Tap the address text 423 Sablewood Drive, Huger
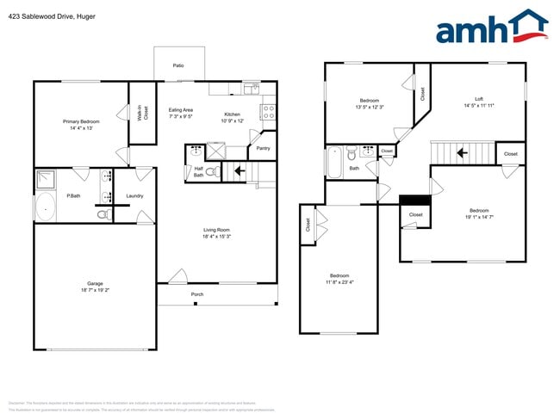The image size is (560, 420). [53, 15]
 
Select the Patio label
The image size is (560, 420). [178, 65]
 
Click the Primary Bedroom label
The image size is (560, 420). [81, 121]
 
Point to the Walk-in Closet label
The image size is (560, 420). [143, 112]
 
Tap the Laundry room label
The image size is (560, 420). [134, 196]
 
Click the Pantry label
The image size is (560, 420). [264, 148]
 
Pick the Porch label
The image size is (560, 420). [197, 294]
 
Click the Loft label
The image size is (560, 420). [478, 99]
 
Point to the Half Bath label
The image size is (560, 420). [198, 171]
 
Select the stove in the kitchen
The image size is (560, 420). [267, 111]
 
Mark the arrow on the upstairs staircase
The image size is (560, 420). [462, 153]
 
